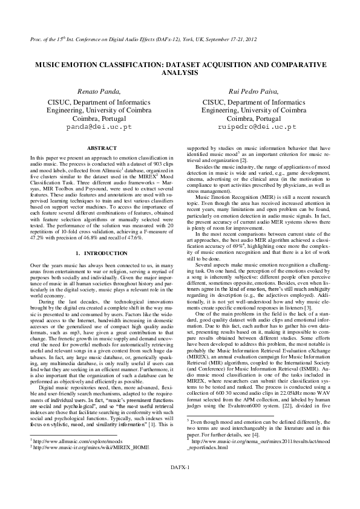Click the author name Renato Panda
[99, 91]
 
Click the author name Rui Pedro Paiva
[254, 91]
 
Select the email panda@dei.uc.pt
[99, 128]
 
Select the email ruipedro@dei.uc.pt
[254, 128]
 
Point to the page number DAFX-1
[180, 484]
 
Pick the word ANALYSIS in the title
[180, 72]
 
